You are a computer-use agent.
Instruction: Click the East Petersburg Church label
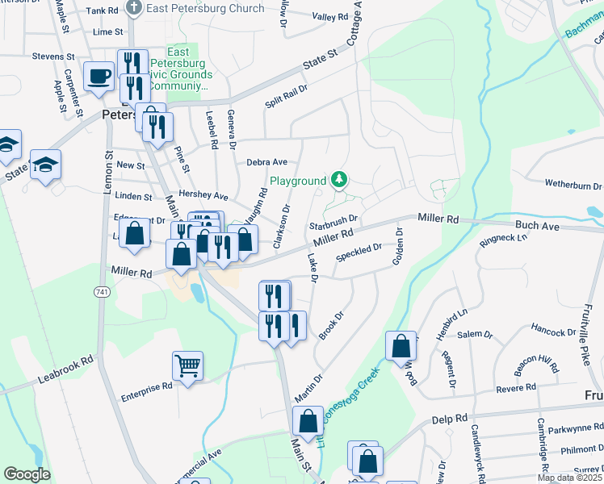tap(205, 8)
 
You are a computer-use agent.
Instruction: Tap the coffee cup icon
tap(99, 77)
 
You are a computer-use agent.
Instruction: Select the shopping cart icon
tap(187, 366)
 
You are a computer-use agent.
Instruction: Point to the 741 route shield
tap(103, 291)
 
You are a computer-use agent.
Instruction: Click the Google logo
tap(27, 474)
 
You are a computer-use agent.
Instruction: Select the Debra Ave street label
tap(266, 162)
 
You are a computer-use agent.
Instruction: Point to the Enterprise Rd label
tap(147, 386)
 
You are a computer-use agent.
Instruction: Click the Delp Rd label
tap(450, 419)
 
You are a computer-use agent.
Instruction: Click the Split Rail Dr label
tap(287, 98)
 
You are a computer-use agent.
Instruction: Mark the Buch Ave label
tap(539, 227)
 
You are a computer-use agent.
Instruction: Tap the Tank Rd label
tap(102, 10)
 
